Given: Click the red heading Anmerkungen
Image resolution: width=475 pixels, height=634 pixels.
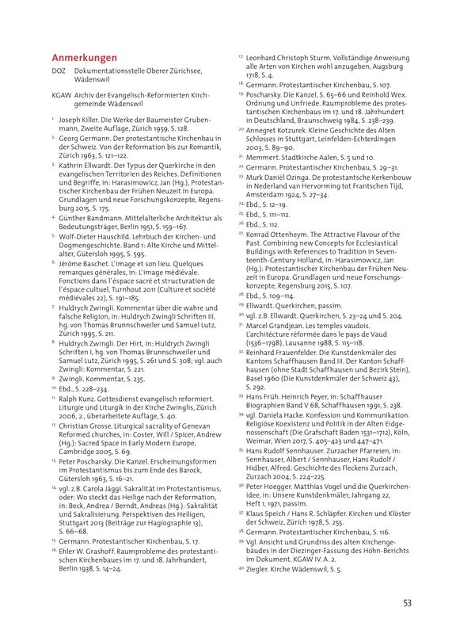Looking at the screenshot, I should pos(84,58).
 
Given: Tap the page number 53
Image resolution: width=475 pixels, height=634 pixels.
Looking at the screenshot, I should pos(407,603).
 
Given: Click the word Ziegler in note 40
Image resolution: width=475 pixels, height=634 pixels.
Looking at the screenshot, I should pos(265,568).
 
